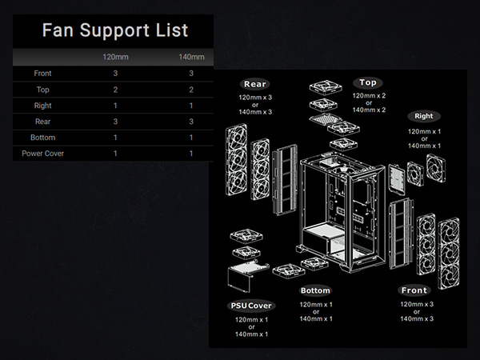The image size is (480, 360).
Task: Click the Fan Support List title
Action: pos(114,31)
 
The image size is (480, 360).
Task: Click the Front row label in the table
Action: pos(43,74)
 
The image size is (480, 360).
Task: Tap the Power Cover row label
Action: pos(43,153)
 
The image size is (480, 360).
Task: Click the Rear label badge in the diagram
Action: pos(255,84)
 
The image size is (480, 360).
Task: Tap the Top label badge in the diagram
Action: pos(368,82)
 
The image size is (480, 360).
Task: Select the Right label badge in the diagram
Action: pos(423,116)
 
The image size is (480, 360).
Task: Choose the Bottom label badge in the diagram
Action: pos(315,290)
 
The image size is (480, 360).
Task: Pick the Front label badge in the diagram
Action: pos(414,290)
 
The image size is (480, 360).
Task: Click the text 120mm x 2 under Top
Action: pos(369,95)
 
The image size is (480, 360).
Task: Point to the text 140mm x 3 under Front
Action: pos(416,318)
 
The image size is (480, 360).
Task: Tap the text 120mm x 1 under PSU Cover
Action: pos(251,319)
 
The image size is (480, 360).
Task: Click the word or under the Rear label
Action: pos(255,105)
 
